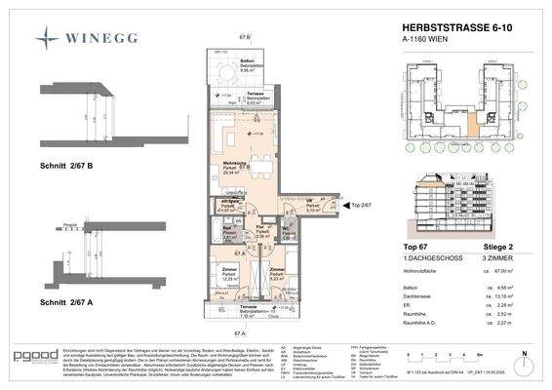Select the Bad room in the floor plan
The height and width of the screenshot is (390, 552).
point(226,234)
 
